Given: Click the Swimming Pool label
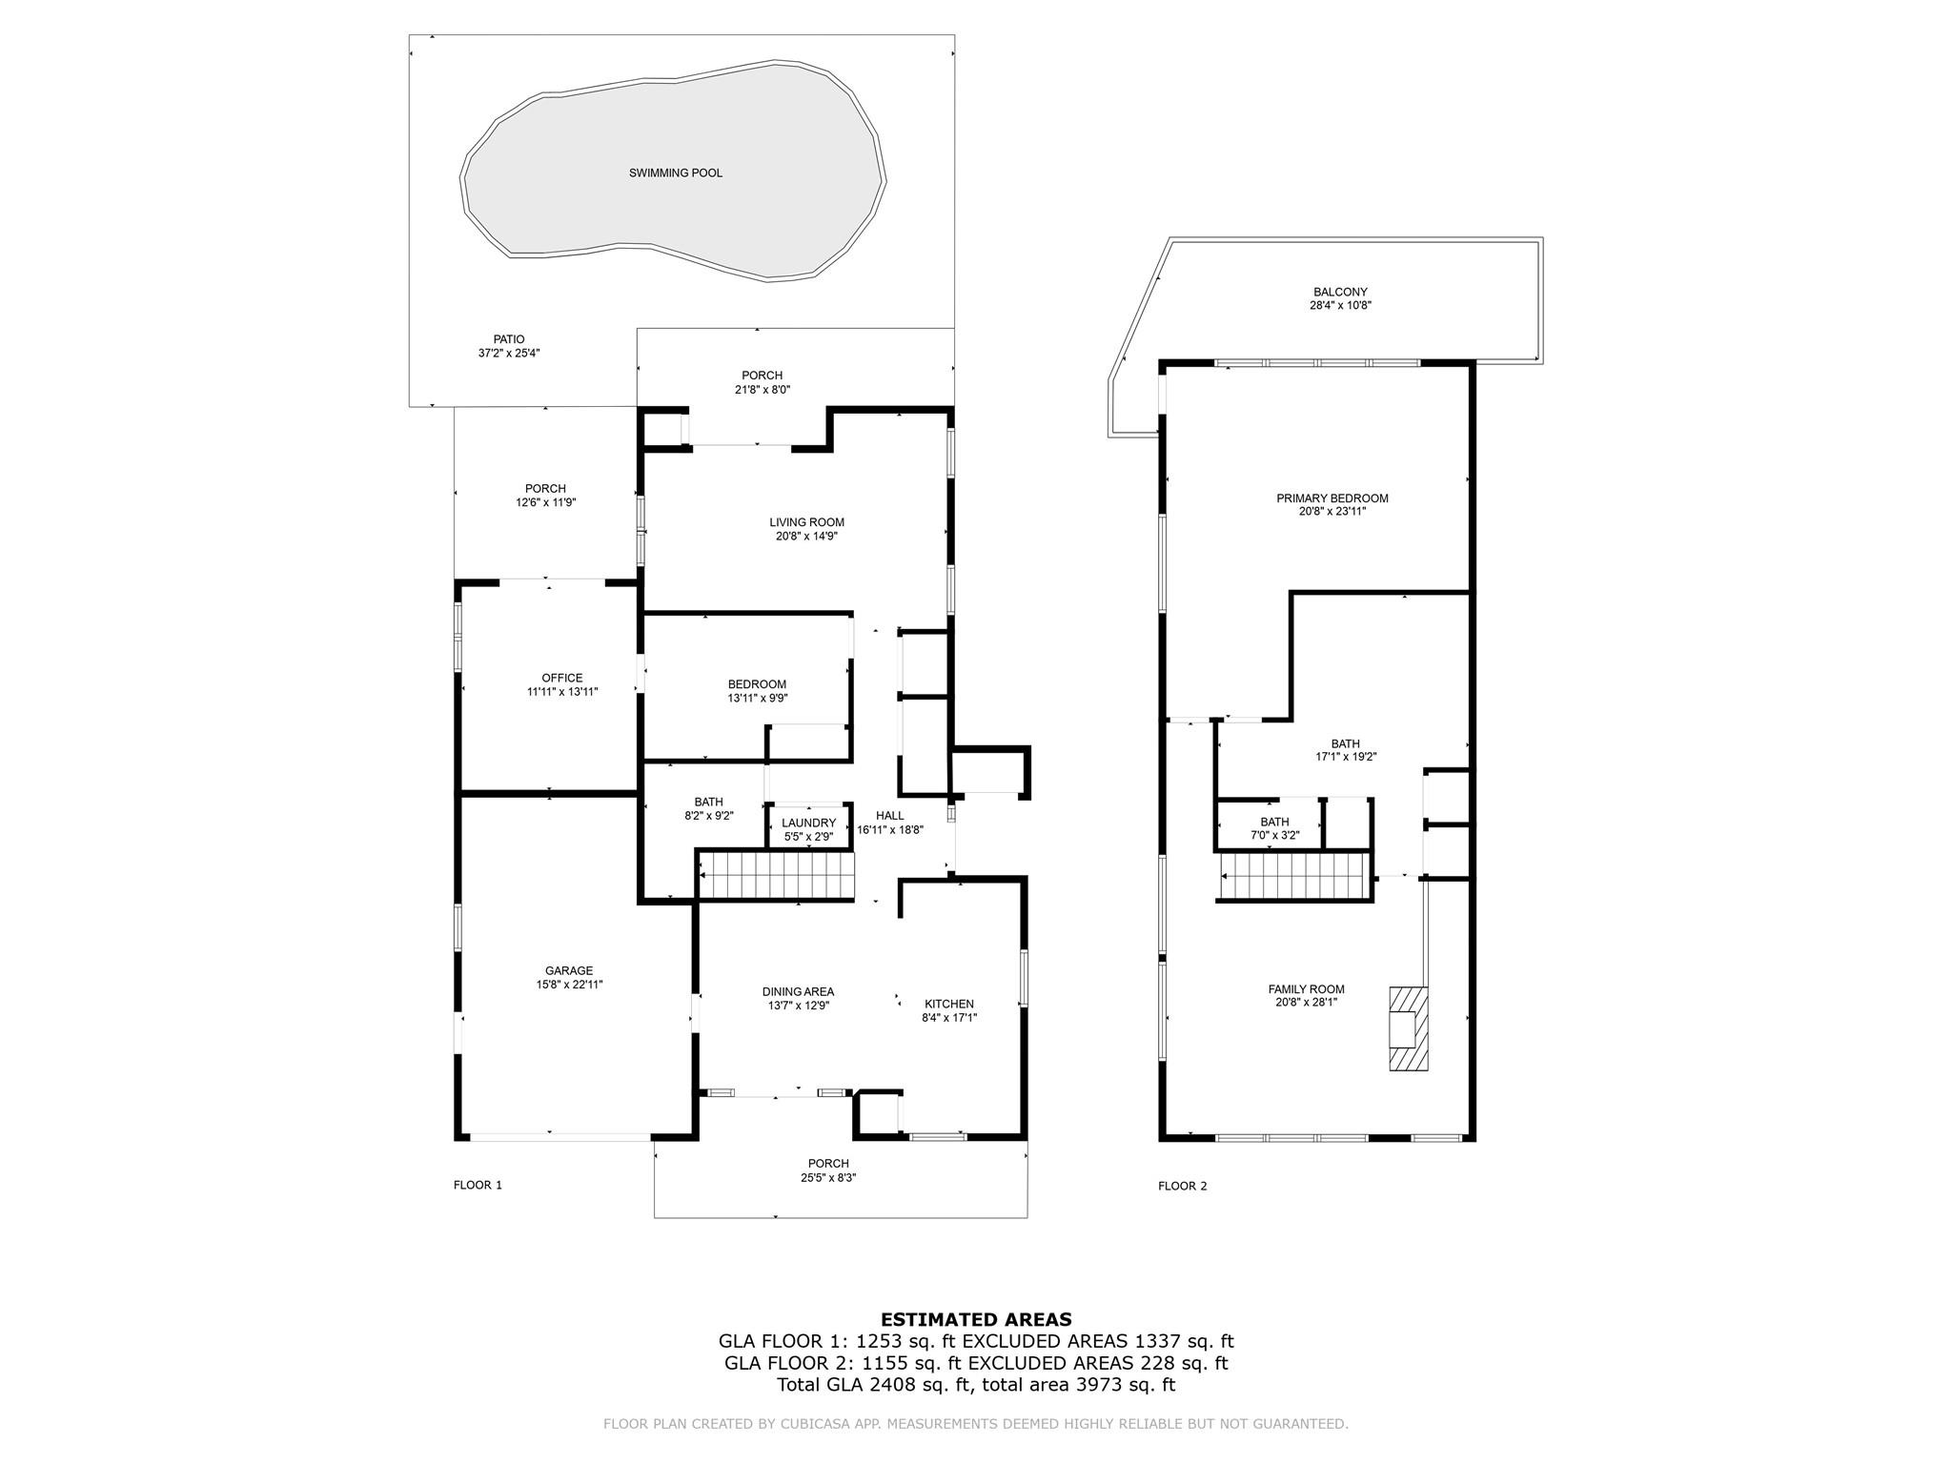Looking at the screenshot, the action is pos(675,173).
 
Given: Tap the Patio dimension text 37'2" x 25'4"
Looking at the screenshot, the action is pos(509,353).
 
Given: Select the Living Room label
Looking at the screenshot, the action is pos(806,522).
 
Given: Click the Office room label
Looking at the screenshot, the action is pos(561,679).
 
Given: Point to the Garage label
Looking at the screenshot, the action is pos(569,971).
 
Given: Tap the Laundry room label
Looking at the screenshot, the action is pos(808,823).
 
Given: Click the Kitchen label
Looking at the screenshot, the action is pos(949,1004).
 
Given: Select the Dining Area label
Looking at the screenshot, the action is pos(798,992).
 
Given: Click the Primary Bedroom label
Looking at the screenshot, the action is pos(1332,498).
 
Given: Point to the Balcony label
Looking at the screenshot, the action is pos(1340,293).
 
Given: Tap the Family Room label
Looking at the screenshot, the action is pos(1306,989).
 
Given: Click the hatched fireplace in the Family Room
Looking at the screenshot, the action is pos(1408,1029).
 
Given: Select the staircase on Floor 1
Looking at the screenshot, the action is pos(777,875).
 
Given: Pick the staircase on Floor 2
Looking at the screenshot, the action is pos(1295,876).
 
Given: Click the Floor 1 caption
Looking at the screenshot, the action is pos(478,1186).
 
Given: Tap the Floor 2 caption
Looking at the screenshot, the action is pos(1182,1187).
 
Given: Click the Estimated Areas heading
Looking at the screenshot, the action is pos(976,1320).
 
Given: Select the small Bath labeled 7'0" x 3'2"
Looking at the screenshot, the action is pos(1274,828).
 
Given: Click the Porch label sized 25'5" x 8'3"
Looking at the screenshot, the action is pos(828,1170).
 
